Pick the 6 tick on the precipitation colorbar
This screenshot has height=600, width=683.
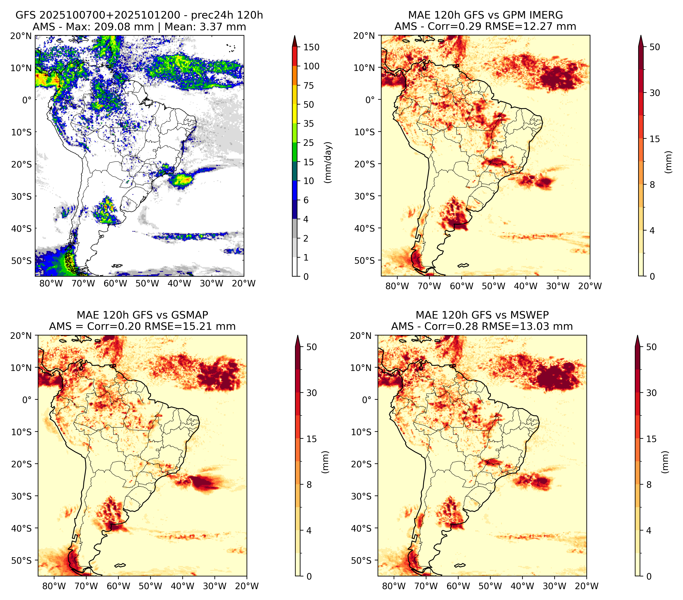click(306, 200)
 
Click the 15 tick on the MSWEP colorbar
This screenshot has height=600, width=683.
click(651, 439)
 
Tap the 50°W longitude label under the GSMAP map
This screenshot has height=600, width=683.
click(151, 586)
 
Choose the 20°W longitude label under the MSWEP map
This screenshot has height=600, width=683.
click(587, 586)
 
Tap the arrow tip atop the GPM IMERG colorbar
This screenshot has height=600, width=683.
click(641, 35)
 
